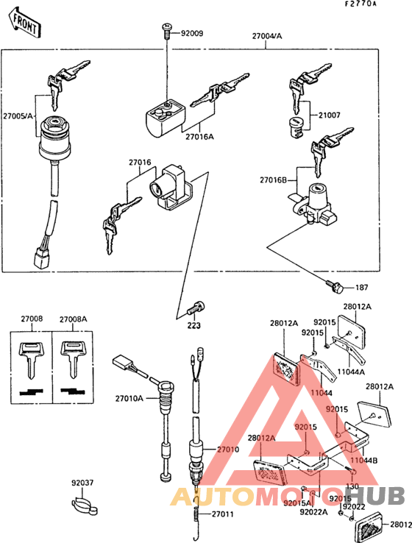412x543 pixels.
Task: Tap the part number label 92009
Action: pyautogui.click(x=192, y=33)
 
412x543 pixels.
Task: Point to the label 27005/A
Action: pyautogui.click(x=18, y=116)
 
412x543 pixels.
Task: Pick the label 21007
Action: pyautogui.click(x=330, y=116)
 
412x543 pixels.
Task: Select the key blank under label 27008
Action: pyautogui.click(x=32, y=356)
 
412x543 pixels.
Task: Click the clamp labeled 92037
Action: pyautogui.click(x=84, y=505)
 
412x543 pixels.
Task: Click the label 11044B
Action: pyautogui.click(x=366, y=460)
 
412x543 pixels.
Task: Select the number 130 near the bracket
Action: pyautogui.click(x=352, y=486)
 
